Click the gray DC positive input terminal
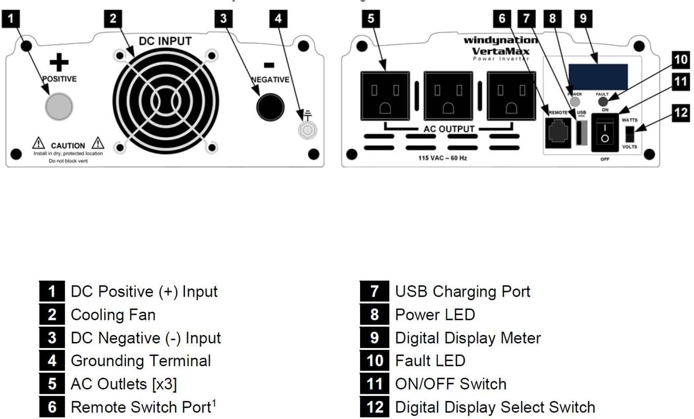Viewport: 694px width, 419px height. click(59, 106)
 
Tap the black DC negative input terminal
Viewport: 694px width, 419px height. click(270, 106)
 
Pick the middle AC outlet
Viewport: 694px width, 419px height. click(448, 96)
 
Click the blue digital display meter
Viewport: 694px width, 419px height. click(598, 76)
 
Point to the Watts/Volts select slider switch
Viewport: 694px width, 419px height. click(630, 134)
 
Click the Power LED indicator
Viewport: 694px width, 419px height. click(574, 101)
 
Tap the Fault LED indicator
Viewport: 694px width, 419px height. click(602, 102)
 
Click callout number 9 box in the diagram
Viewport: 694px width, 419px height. click(583, 19)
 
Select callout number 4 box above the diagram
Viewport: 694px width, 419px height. click(278, 19)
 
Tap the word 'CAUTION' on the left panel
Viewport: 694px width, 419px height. click(68, 146)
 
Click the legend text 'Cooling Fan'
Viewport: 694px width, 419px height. click(113, 315)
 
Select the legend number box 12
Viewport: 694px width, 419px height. click(375, 407)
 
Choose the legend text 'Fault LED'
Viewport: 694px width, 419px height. click(430, 361)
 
